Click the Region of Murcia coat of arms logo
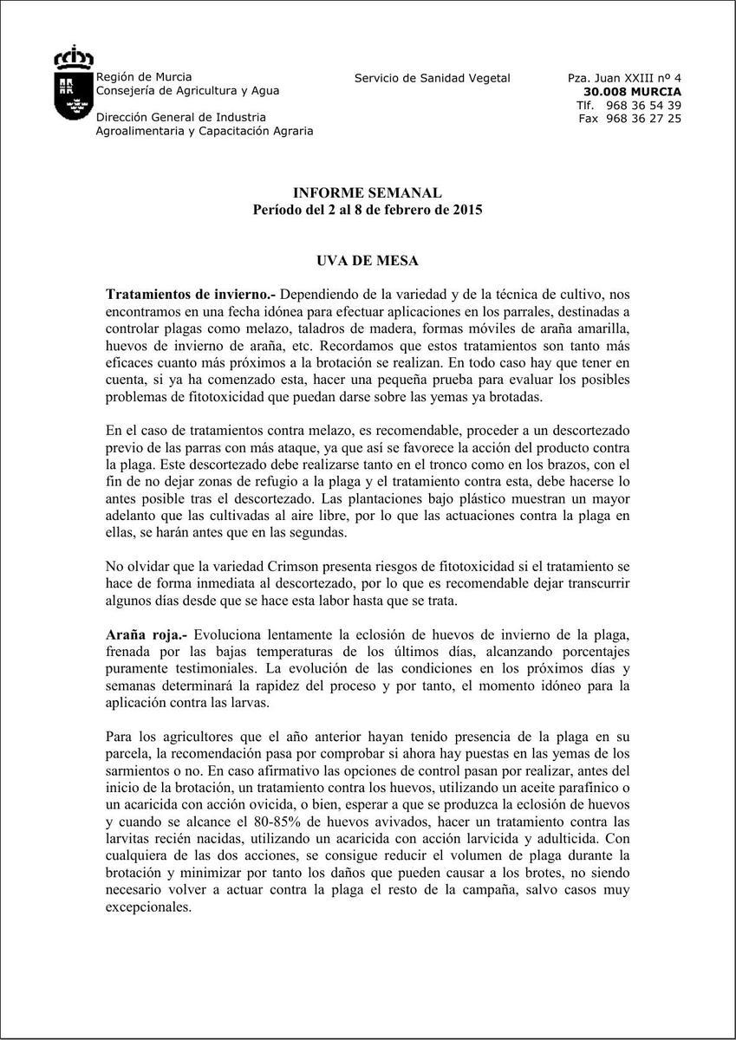tap(73, 84)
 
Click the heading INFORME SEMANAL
tap(367, 192)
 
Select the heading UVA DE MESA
tap(367, 260)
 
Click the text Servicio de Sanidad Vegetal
tap(432, 78)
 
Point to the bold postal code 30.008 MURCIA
tap(632, 91)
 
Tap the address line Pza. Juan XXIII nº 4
tap(624, 78)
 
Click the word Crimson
tap(261, 566)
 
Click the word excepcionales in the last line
tap(147, 907)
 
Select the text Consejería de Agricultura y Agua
tap(187, 90)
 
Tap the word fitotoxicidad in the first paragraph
tap(210, 397)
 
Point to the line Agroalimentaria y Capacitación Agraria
tap(205, 131)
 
